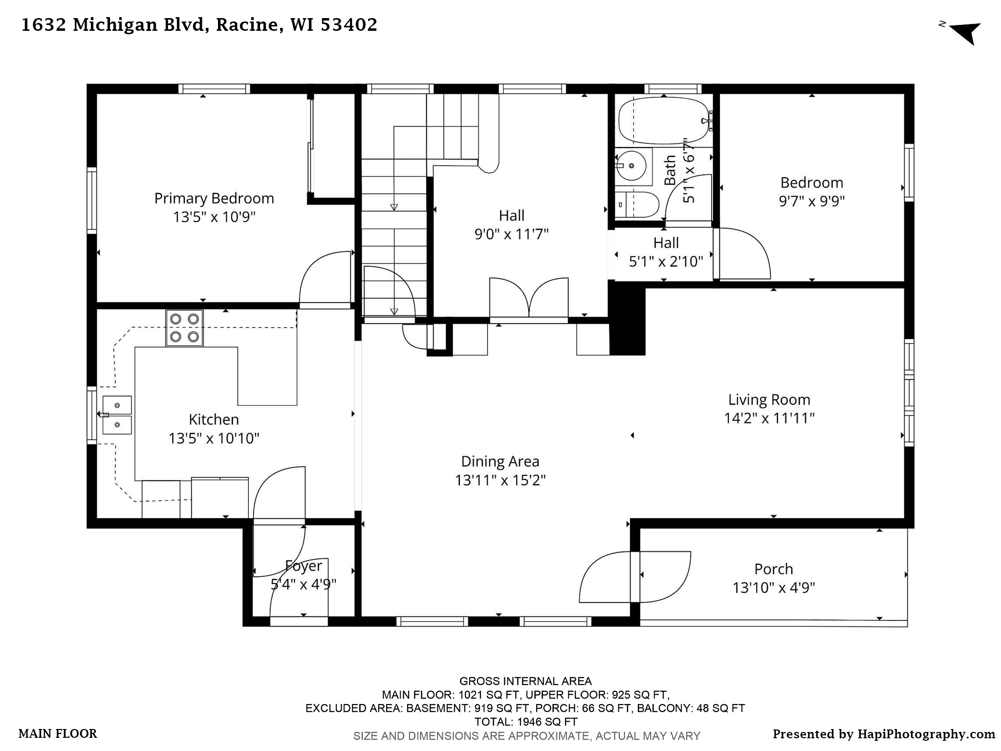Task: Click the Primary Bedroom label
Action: click(x=214, y=199)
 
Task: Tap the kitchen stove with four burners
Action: click(x=184, y=328)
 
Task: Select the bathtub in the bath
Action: click(x=663, y=120)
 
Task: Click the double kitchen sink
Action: click(x=117, y=415)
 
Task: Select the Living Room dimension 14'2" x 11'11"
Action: click(x=769, y=418)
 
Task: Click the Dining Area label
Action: click(x=500, y=462)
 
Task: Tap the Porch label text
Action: click(x=773, y=569)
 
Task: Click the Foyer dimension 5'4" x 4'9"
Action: click(x=304, y=584)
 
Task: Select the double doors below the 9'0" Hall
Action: click(x=529, y=298)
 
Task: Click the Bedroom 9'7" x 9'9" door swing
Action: click(x=743, y=254)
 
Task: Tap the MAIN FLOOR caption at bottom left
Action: click(x=58, y=734)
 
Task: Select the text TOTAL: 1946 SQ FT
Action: click(x=525, y=722)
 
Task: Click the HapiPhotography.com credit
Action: click(x=884, y=734)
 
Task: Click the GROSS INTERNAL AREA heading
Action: click(x=525, y=681)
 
